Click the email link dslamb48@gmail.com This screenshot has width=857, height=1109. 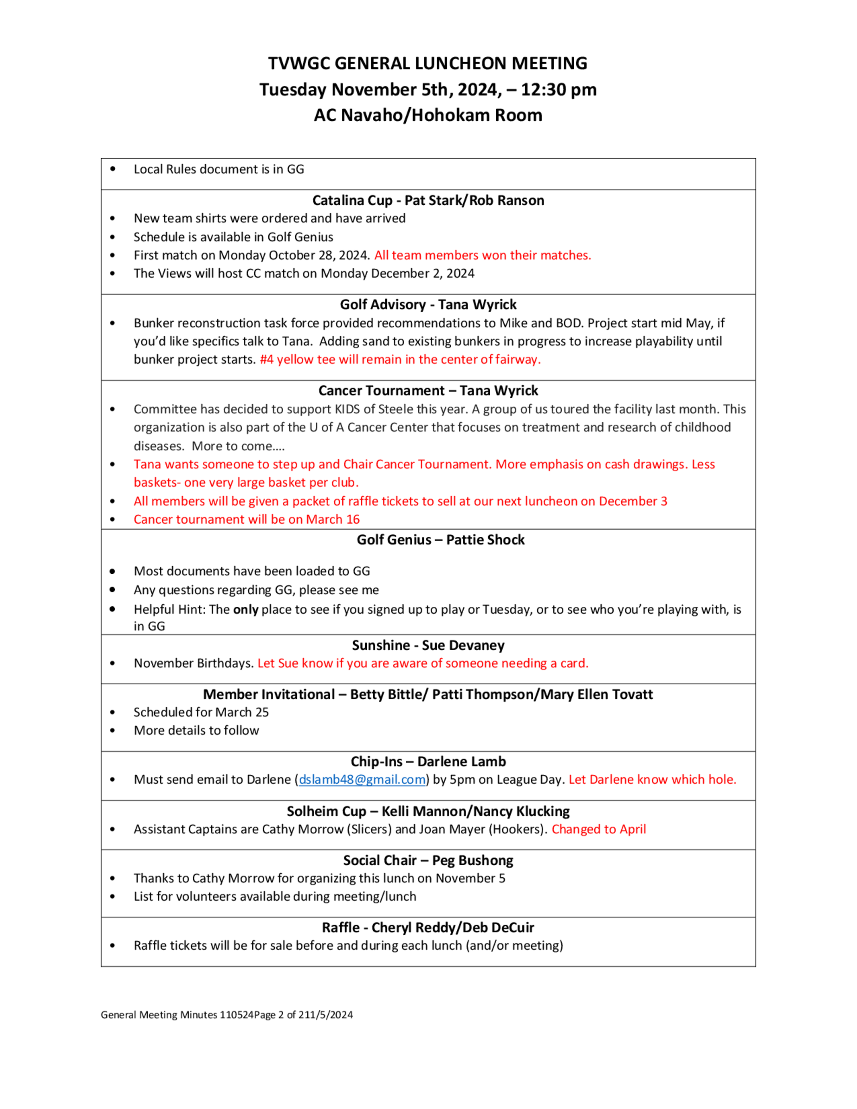coord(362,779)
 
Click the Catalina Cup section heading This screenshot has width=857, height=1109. coord(428,201)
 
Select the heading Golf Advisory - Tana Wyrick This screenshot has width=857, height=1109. coord(428,305)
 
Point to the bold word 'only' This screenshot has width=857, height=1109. coord(246,609)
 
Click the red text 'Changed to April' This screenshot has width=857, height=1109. coord(599,829)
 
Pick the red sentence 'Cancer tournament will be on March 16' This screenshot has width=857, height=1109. coord(247,519)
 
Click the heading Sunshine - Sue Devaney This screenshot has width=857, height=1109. coord(428,645)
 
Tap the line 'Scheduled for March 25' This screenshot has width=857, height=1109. coord(201,713)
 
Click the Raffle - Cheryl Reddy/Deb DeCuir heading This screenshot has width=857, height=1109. coord(428,928)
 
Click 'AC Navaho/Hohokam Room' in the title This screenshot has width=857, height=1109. coord(428,115)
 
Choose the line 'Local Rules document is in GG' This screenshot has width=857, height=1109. coord(219,169)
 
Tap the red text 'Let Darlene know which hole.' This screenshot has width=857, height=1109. coord(653,779)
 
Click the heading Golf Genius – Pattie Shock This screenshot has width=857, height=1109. coord(440,540)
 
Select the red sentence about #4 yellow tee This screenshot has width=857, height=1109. coord(400,360)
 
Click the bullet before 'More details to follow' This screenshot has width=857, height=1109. coord(112,731)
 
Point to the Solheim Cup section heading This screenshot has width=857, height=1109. coord(428,812)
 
